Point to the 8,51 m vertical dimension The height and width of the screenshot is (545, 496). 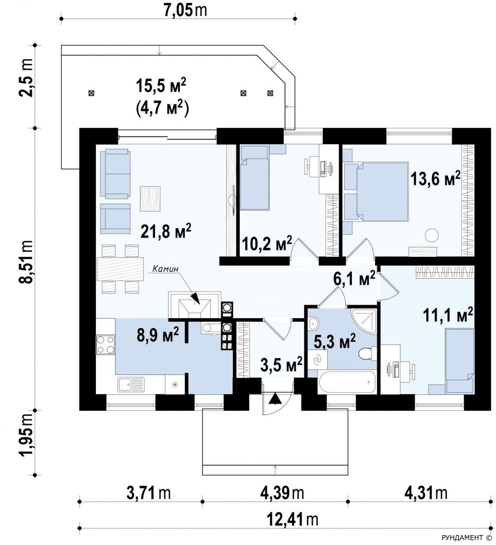(27, 261)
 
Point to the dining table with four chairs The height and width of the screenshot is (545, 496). (120, 269)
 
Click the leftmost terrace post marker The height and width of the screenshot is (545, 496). (91, 93)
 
